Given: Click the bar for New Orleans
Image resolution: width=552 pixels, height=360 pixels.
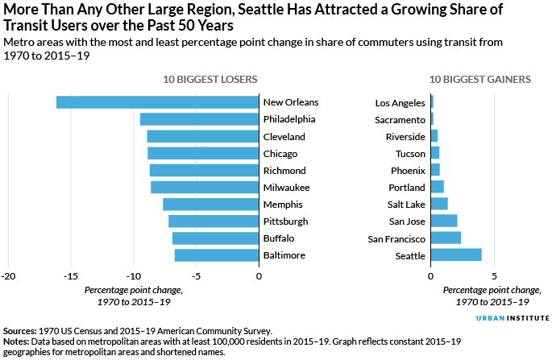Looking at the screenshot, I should tap(157, 102).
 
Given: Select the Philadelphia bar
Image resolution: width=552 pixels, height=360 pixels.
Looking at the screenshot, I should tap(199, 119).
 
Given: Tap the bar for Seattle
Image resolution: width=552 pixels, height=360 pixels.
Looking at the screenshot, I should tap(456, 255).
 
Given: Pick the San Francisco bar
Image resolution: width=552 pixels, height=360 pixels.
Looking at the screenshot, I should tap(446, 238).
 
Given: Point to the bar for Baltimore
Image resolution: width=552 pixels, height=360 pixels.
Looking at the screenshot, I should tap(217, 255).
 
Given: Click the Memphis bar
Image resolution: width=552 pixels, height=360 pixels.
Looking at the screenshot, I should tap(210, 205).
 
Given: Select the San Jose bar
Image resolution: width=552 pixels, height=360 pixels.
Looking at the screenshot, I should tap(444, 221).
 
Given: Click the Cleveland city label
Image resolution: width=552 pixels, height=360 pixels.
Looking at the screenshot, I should tap(284, 137).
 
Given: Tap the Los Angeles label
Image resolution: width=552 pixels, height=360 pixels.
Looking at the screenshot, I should tap(401, 103).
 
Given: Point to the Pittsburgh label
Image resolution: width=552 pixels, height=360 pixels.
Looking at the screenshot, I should tap(285, 221).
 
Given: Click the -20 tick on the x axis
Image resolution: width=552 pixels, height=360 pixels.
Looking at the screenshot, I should tap(9, 276).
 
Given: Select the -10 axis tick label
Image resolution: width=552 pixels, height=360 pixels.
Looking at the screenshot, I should tap(134, 276).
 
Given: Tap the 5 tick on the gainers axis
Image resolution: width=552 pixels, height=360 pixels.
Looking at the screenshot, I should tap(495, 276).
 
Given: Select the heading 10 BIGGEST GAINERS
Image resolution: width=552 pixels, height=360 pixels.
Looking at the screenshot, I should tap(479, 80).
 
